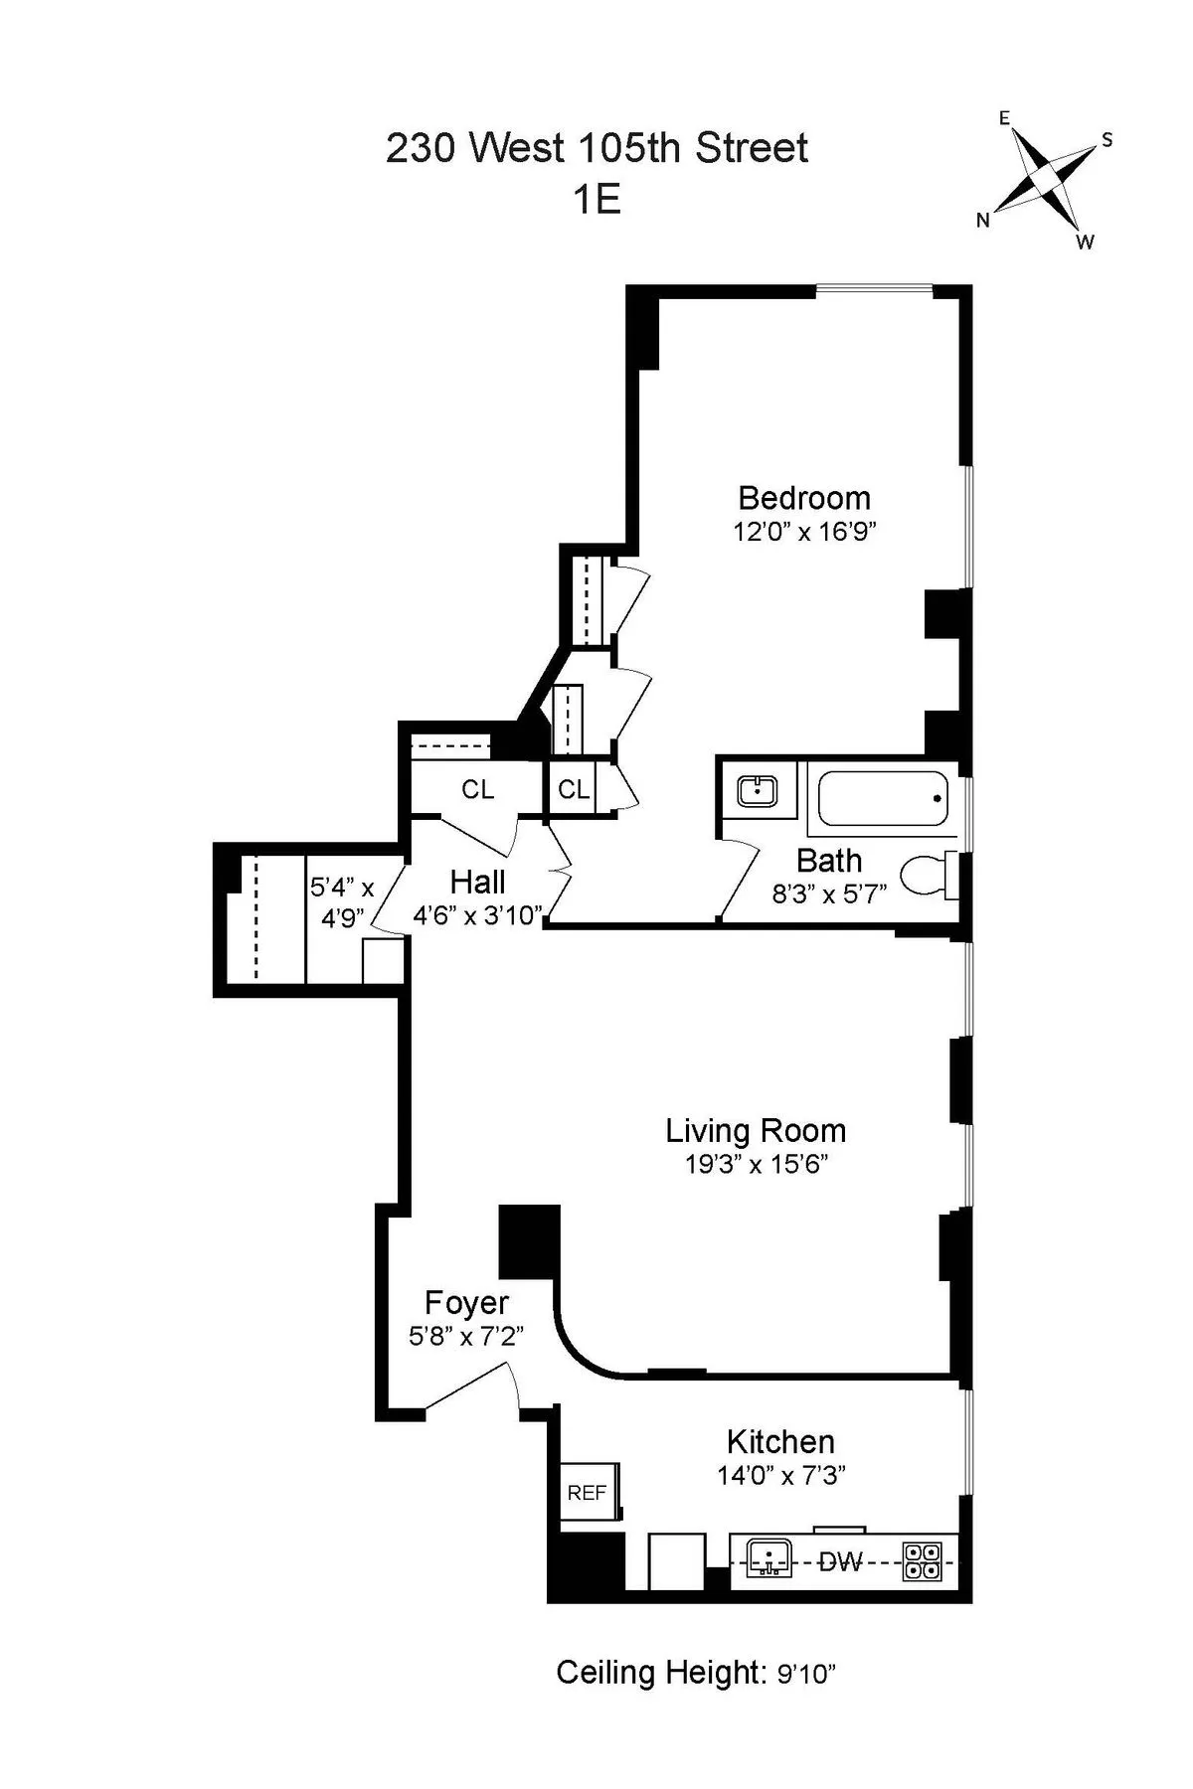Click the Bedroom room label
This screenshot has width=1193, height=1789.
[x=803, y=498]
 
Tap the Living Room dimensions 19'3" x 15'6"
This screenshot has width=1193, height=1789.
[x=756, y=1164]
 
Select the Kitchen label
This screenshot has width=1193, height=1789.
[x=780, y=1441]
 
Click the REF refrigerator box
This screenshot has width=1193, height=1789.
[x=589, y=1492]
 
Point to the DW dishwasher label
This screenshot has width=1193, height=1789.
[x=840, y=1561]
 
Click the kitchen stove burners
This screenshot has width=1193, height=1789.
[x=922, y=1560]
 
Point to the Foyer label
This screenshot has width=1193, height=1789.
[x=466, y=1302]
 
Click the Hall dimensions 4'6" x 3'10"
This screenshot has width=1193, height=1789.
[x=478, y=914]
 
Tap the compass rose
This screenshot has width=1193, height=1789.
[x=1045, y=180]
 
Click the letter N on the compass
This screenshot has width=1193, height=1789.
[x=982, y=221]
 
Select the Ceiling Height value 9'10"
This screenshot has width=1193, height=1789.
[x=805, y=1675]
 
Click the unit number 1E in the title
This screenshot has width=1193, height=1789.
[x=596, y=201]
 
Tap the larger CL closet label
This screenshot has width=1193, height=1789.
[x=477, y=790]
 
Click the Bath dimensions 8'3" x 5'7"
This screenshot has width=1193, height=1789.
[x=829, y=894]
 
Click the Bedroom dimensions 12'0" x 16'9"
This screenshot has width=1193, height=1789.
[x=803, y=531]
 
